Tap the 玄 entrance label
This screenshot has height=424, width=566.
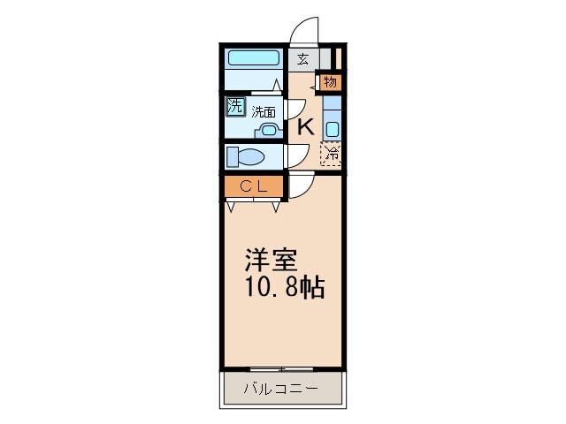pyautogui.click(x=302, y=60)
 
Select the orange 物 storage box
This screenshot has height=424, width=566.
pyautogui.click(x=330, y=83)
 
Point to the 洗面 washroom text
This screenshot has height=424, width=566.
pyautogui.click(x=263, y=112)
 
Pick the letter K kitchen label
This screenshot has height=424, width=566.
pyautogui.click(x=305, y=126)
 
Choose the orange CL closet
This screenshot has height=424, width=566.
pyautogui.click(x=253, y=187)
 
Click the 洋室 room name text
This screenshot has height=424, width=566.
pyautogui.click(x=271, y=261)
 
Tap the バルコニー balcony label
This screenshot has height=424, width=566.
pyautogui.click(x=280, y=389)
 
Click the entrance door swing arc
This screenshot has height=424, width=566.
pyautogui.click(x=305, y=31)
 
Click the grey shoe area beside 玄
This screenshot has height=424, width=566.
pyautogui.click(x=325, y=59)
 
